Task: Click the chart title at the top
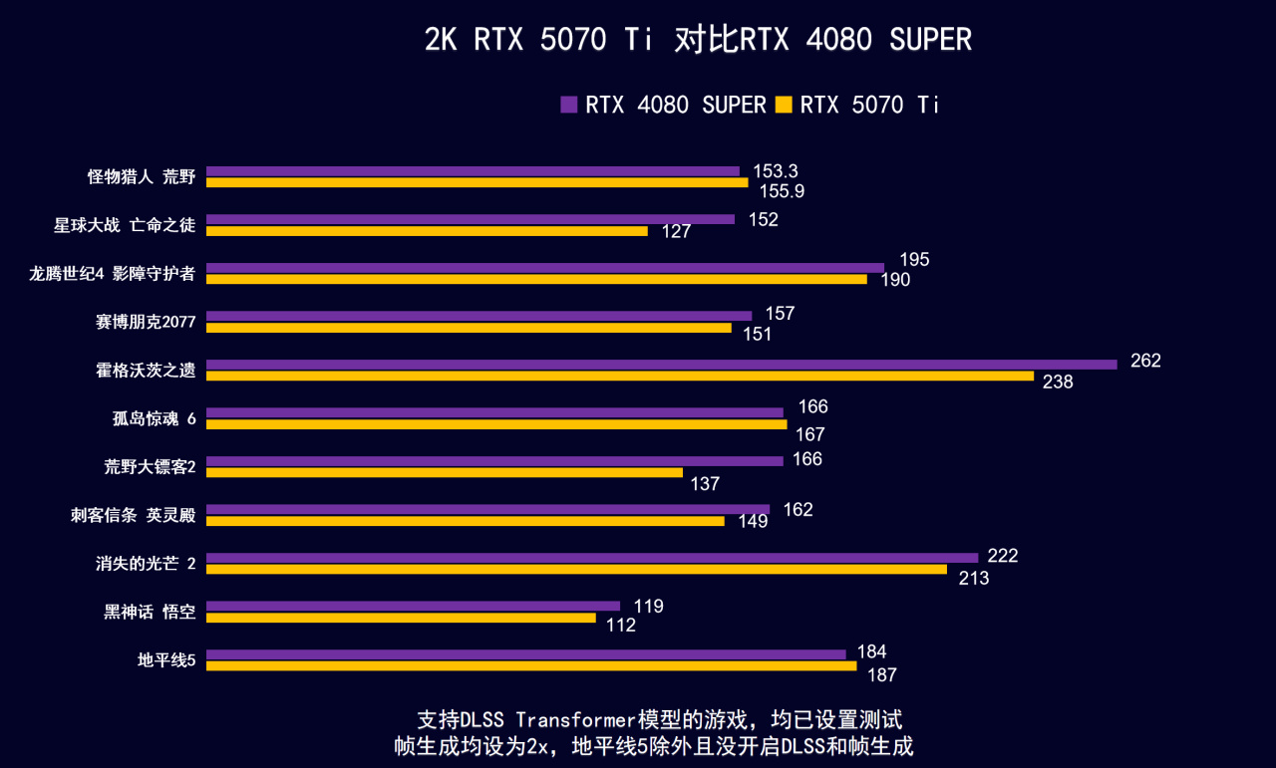coord(697,40)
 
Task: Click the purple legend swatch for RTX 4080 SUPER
coord(569,105)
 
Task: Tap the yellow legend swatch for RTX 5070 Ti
coord(784,105)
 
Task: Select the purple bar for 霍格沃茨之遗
coord(661,365)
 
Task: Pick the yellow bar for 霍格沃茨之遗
coord(619,377)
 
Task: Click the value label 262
coord(1145,361)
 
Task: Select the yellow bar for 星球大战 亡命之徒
coord(427,231)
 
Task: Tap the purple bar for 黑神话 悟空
coord(413,606)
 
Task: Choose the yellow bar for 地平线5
coord(530,665)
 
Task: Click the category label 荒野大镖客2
coord(150,466)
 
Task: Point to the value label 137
coord(704,484)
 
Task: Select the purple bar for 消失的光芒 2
coord(592,558)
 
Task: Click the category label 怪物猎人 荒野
coord(142,177)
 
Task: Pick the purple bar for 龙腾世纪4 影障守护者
coord(544,268)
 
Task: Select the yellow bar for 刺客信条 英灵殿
coord(465,521)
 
